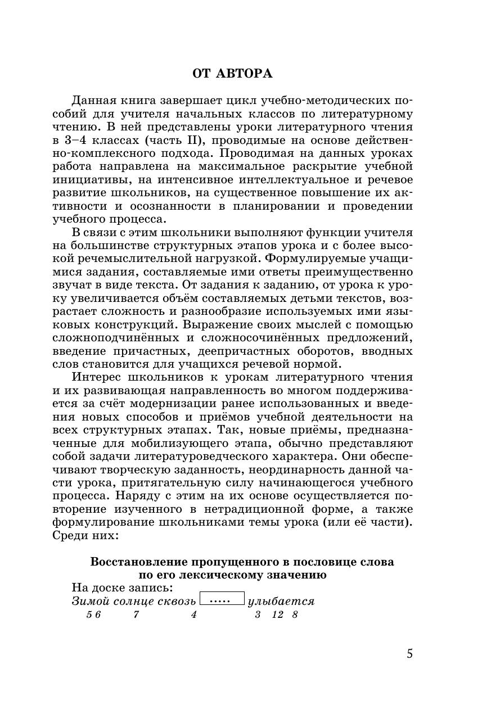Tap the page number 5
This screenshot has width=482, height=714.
coord(409,654)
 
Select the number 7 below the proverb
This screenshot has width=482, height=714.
coord(136,614)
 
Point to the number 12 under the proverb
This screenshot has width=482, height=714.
coord(277,614)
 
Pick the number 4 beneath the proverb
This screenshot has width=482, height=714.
coord(193,614)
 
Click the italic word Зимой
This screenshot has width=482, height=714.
coord(91,601)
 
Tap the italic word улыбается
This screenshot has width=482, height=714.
coord(281,601)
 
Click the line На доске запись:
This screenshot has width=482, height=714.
coord(122,588)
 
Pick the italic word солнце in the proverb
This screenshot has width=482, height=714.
coord(133,601)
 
